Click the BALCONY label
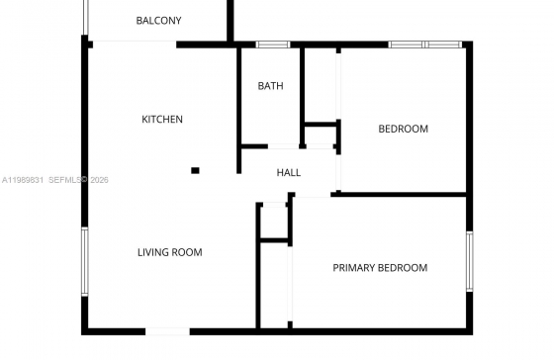tap(158, 21)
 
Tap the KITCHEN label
tap(162, 120)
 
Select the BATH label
tap(270, 86)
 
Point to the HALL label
tap(289, 172)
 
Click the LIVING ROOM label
tap(169, 252)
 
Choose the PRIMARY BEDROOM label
tap(380, 268)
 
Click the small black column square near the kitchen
tap(195, 171)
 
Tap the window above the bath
tap(273, 45)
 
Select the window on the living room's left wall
tap(85, 261)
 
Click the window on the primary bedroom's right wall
tap(470, 261)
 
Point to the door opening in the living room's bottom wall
tap(168, 331)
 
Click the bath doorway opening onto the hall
tap(283, 146)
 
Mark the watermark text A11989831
tap(23, 180)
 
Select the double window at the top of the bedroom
tap(425, 45)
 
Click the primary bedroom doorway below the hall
tap(313, 195)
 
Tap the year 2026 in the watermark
tap(99, 180)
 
